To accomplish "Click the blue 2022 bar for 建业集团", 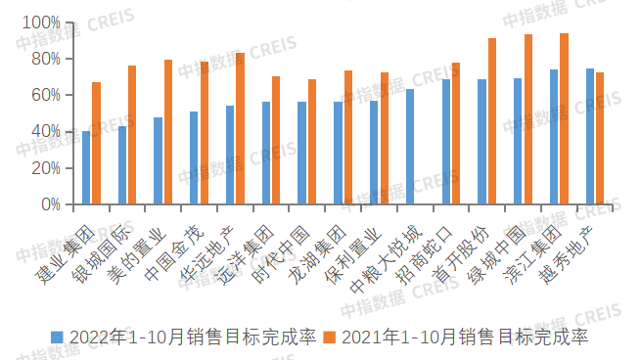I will (x=86, y=167).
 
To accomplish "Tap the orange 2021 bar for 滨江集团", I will (x=564, y=118).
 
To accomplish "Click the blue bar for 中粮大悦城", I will (x=410, y=147).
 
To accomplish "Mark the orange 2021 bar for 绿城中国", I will (x=528, y=119).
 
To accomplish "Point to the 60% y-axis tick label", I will (x=44, y=95).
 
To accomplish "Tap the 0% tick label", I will (x=49, y=204).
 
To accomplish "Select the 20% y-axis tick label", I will (x=44, y=168).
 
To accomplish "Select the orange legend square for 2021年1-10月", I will (x=330, y=337).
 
